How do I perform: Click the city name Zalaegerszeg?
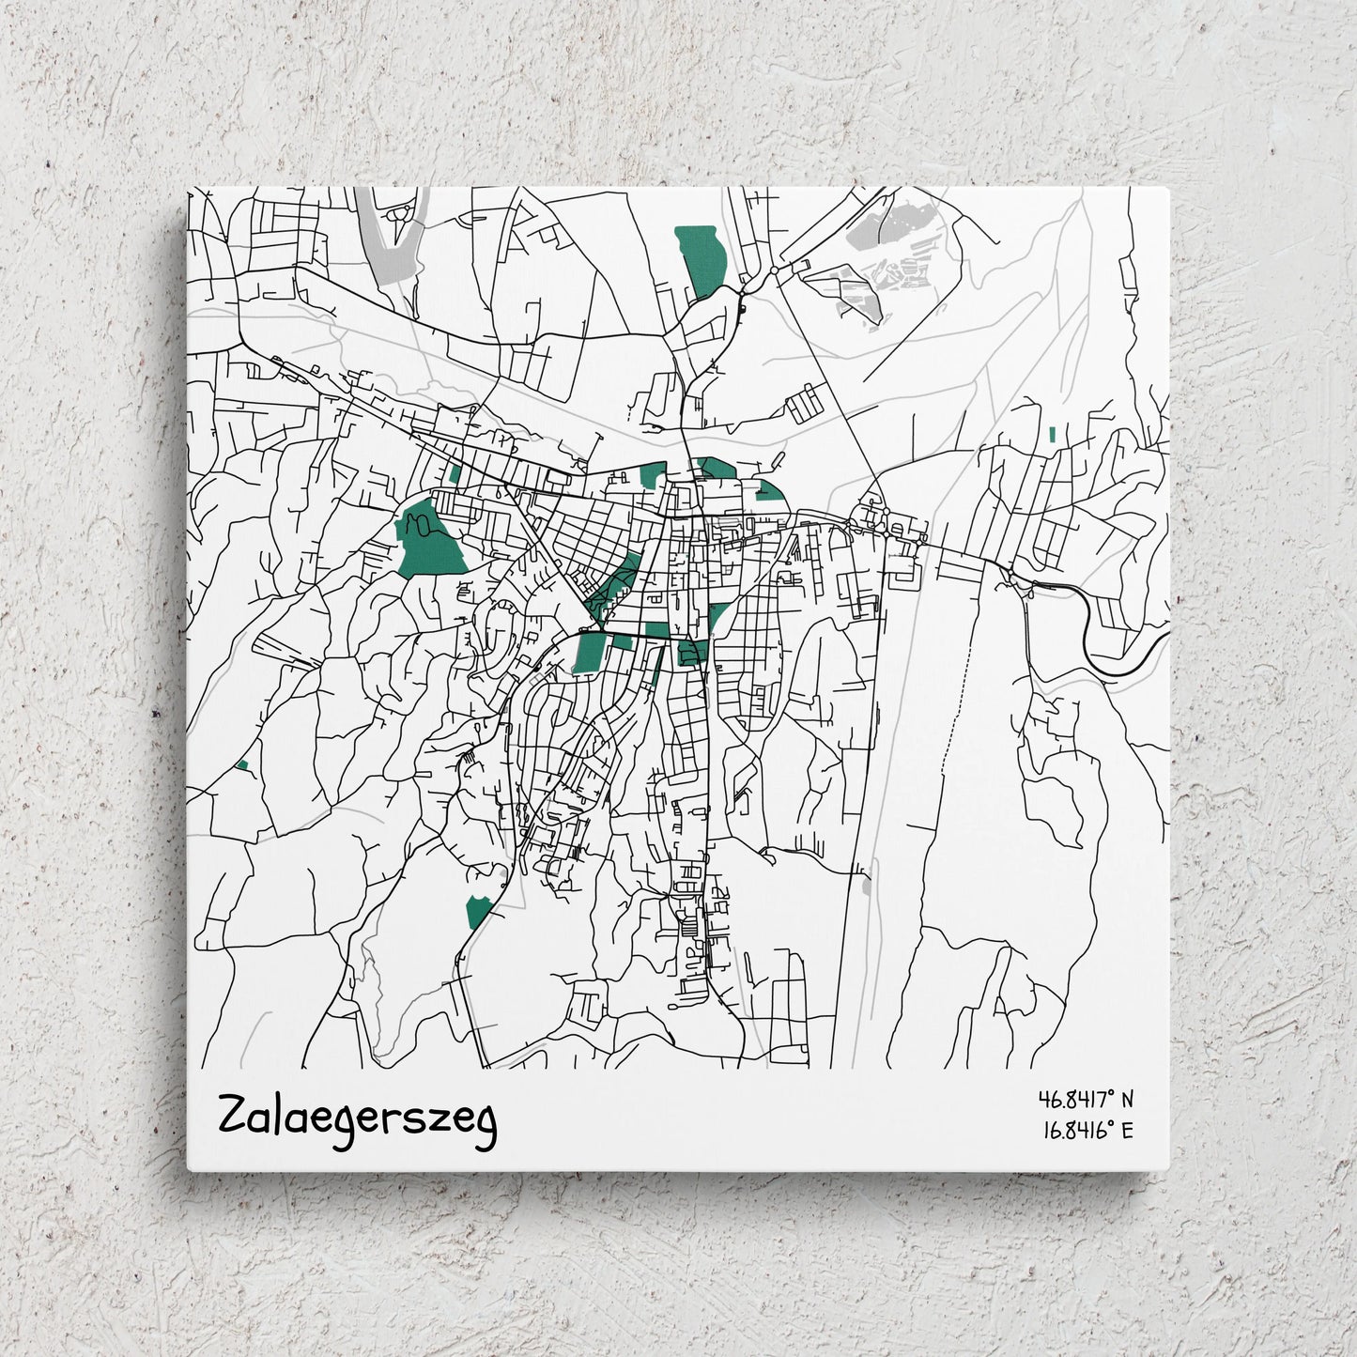tap(357, 1118)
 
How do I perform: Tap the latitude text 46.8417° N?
tap(1086, 1098)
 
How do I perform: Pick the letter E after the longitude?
tap(1127, 1130)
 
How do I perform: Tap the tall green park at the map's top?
tap(702, 258)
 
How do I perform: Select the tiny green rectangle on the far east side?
tap(1052, 434)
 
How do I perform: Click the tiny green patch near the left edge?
tap(242, 766)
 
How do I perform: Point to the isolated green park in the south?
tap(477, 910)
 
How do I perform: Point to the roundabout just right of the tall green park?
tap(773, 270)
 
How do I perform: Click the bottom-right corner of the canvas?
tap(1168, 1169)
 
